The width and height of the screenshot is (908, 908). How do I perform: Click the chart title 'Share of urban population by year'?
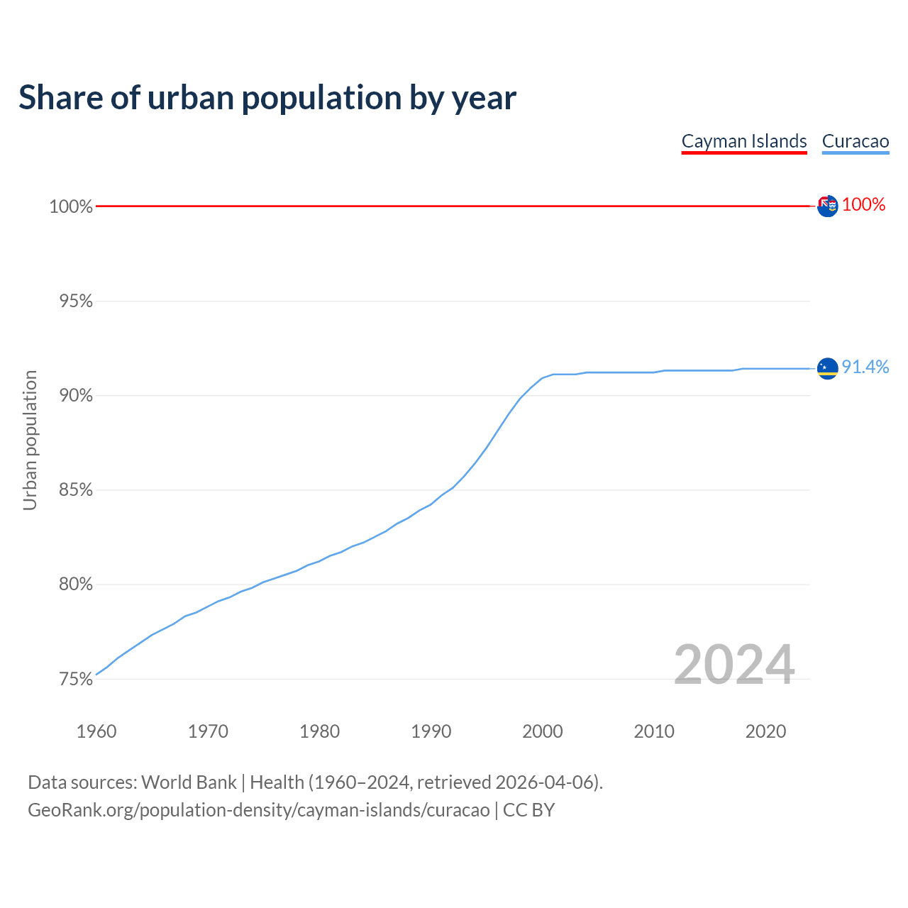[x=267, y=98]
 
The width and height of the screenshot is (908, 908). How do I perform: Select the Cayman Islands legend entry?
[x=744, y=141]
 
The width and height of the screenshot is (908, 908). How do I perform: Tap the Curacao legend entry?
[x=855, y=141]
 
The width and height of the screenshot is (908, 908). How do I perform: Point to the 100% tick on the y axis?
[x=71, y=207]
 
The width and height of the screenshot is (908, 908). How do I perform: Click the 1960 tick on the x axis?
[x=96, y=731]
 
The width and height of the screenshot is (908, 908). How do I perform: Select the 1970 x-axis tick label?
[x=208, y=731]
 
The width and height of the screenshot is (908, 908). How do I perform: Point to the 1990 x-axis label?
[x=431, y=731]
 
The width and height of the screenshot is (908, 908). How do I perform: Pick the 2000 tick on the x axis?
[x=543, y=731]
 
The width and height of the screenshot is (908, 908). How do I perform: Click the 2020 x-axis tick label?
[x=765, y=731]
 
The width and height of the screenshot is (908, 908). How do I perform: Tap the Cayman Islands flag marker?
[x=827, y=206]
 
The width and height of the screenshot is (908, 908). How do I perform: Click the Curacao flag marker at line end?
[x=827, y=368]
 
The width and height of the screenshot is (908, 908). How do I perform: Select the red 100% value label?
[x=864, y=205]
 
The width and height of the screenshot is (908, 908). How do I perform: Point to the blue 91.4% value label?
[x=865, y=367]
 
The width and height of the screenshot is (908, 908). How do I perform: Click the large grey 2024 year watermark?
[x=734, y=665]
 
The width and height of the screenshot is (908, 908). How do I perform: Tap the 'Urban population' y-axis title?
[x=30, y=440]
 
